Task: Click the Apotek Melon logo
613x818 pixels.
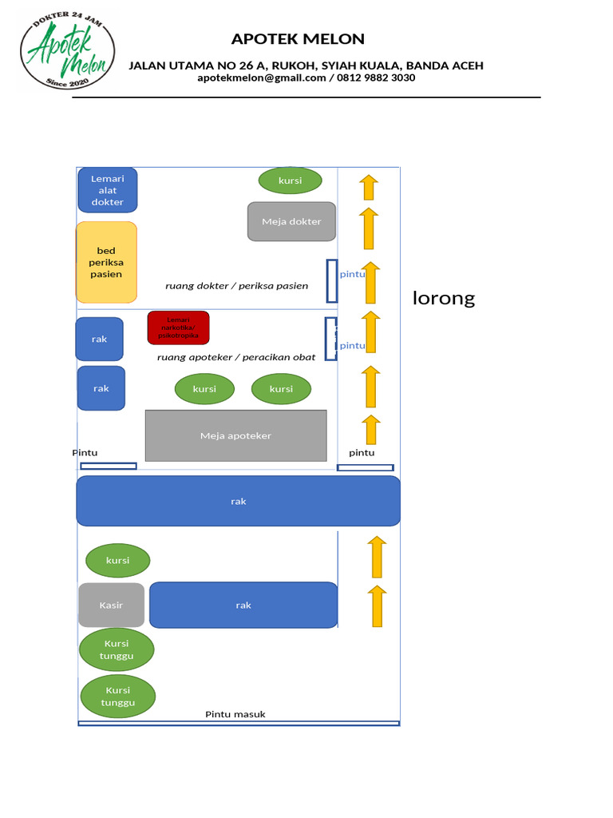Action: pyautogui.click(x=66, y=50)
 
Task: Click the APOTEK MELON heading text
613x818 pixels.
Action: pyautogui.click(x=298, y=38)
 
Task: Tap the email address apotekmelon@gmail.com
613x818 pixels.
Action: pyautogui.click(x=262, y=77)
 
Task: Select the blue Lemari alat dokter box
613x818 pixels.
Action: pyautogui.click(x=108, y=190)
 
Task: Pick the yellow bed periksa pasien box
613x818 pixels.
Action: pyautogui.click(x=106, y=262)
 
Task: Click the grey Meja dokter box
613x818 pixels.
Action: pyautogui.click(x=291, y=221)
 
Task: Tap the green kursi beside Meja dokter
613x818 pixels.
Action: pyautogui.click(x=290, y=181)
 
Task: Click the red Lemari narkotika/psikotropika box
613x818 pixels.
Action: pyautogui.click(x=178, y=328)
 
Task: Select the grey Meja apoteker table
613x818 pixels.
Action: pyautogui.click(x=235, y=435)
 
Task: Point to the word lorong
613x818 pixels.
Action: pyautogui.click(x=444, y=298)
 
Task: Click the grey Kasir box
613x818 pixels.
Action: pyautogui.click(x=112, y=605)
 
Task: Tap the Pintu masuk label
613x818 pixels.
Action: pyautogui.click(x=235, y=714)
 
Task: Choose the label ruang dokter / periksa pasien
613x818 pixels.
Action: pyautogui.click(x=236, y=285)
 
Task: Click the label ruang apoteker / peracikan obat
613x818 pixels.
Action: pyautogui.click(x=236, y=357)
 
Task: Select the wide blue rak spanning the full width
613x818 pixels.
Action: pyautogui.click(x=238, y=501)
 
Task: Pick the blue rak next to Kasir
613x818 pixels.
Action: pyautogui.click(x=243, y=605)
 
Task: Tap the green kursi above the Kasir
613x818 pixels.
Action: pyautogui.click(x=117, y=560)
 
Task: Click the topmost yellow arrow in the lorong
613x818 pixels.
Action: pyautogui.click(x=368, y=187)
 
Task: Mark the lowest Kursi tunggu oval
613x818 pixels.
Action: pyautogui.click(x=118, y=696)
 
